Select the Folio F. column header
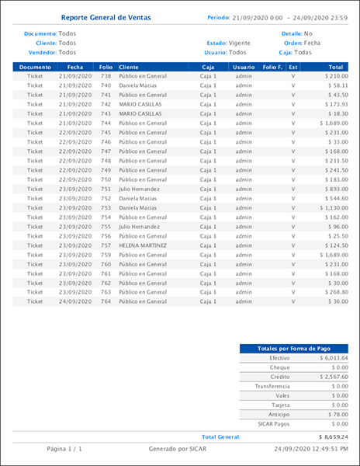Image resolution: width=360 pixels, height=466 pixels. click(273, 68)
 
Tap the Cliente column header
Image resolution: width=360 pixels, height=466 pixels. click(130, 68)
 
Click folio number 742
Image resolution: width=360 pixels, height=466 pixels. click(106, 104)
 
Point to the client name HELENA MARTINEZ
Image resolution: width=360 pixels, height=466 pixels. click(143, 245)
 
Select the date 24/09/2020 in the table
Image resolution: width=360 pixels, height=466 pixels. click(75, 301)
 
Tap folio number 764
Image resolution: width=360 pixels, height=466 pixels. click(106, 301)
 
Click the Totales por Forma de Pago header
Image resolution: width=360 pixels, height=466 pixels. click(293, 348)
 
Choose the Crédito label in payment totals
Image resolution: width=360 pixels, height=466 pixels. click(279, 377)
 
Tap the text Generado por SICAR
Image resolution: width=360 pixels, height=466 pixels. click(179, 449)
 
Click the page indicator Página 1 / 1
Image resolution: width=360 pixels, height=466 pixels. click(64, 449)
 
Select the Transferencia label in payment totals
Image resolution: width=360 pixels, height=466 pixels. click(272, 386)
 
